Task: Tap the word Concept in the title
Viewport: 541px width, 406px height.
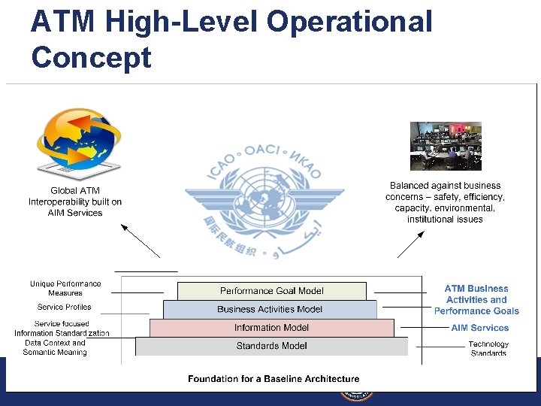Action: pos(91,57)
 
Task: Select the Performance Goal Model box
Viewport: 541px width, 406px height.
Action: pos(272,291)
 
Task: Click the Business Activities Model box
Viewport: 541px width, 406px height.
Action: pos(270,309)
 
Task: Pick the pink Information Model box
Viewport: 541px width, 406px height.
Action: pos(271,328)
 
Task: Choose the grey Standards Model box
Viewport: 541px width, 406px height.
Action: pos(271,346)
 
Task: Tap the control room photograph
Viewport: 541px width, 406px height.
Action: pos(445,147)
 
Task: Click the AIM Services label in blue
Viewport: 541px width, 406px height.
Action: pos(479,328)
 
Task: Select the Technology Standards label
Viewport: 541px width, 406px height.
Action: pos(488,348)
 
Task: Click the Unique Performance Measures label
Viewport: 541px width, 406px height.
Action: pos(65,288)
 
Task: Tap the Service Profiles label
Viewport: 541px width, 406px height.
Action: pos(64,307)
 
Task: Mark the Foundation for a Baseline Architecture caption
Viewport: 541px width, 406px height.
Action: pos(274,379)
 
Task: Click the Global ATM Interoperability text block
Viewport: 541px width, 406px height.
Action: pos(75,201)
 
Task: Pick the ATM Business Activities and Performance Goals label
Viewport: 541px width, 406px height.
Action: pos(476,299)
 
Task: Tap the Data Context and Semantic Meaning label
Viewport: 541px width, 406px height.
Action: pos(55,347)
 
